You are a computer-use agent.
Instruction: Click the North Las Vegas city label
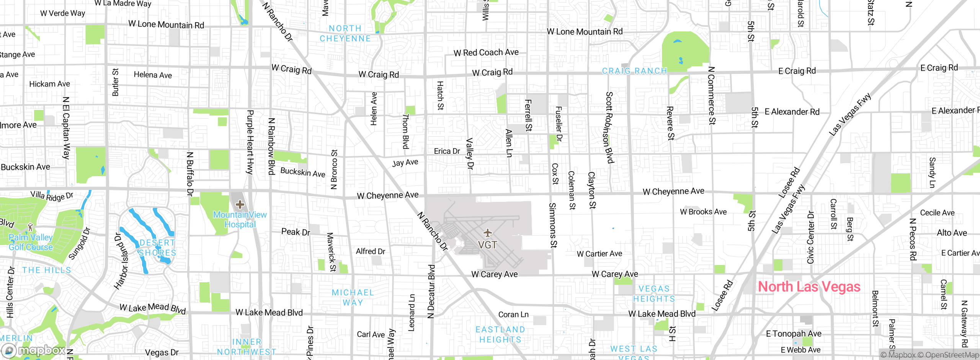point(809,287)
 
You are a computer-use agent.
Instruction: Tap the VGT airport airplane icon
point(487,233)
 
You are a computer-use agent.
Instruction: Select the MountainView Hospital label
point(240,220)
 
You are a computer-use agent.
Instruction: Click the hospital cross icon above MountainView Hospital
point(240,205)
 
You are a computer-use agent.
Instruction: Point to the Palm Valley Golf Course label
point(31,242)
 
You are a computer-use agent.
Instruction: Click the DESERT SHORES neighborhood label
point(157,248)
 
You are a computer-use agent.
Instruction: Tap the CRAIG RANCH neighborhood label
point(634,71)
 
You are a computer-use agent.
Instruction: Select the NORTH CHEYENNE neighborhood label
point(345,33)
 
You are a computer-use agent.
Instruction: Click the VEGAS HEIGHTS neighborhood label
point(654,294)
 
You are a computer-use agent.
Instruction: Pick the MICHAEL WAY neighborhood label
point(353,298)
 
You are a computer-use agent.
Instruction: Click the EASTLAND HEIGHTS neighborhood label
point(500,334)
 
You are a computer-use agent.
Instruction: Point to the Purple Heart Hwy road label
point(250,142)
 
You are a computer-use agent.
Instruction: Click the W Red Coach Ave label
point(486,52)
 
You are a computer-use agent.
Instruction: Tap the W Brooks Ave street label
point(703,212)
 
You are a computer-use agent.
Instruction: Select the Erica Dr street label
point(447,151)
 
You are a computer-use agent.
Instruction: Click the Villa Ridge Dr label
point(52,196)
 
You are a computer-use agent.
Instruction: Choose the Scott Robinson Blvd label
point(609,127)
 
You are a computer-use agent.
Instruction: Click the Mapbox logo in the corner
point(34,350)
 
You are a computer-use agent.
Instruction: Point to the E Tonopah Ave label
point(793,334)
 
